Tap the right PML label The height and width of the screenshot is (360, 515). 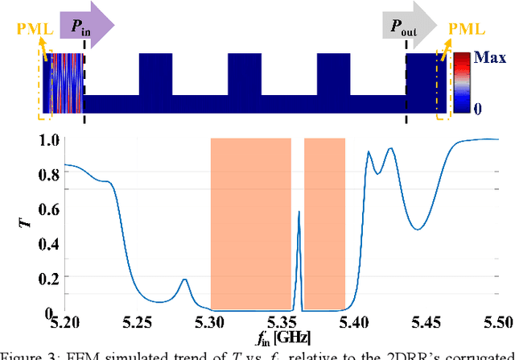tap(466, 30)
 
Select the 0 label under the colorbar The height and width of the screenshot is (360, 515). tap(480, 107)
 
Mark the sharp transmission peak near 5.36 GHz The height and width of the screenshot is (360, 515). tap(299, 213)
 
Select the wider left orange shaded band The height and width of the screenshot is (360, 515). tap(250, 224)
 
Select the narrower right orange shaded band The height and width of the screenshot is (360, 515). tap(324, 224)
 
